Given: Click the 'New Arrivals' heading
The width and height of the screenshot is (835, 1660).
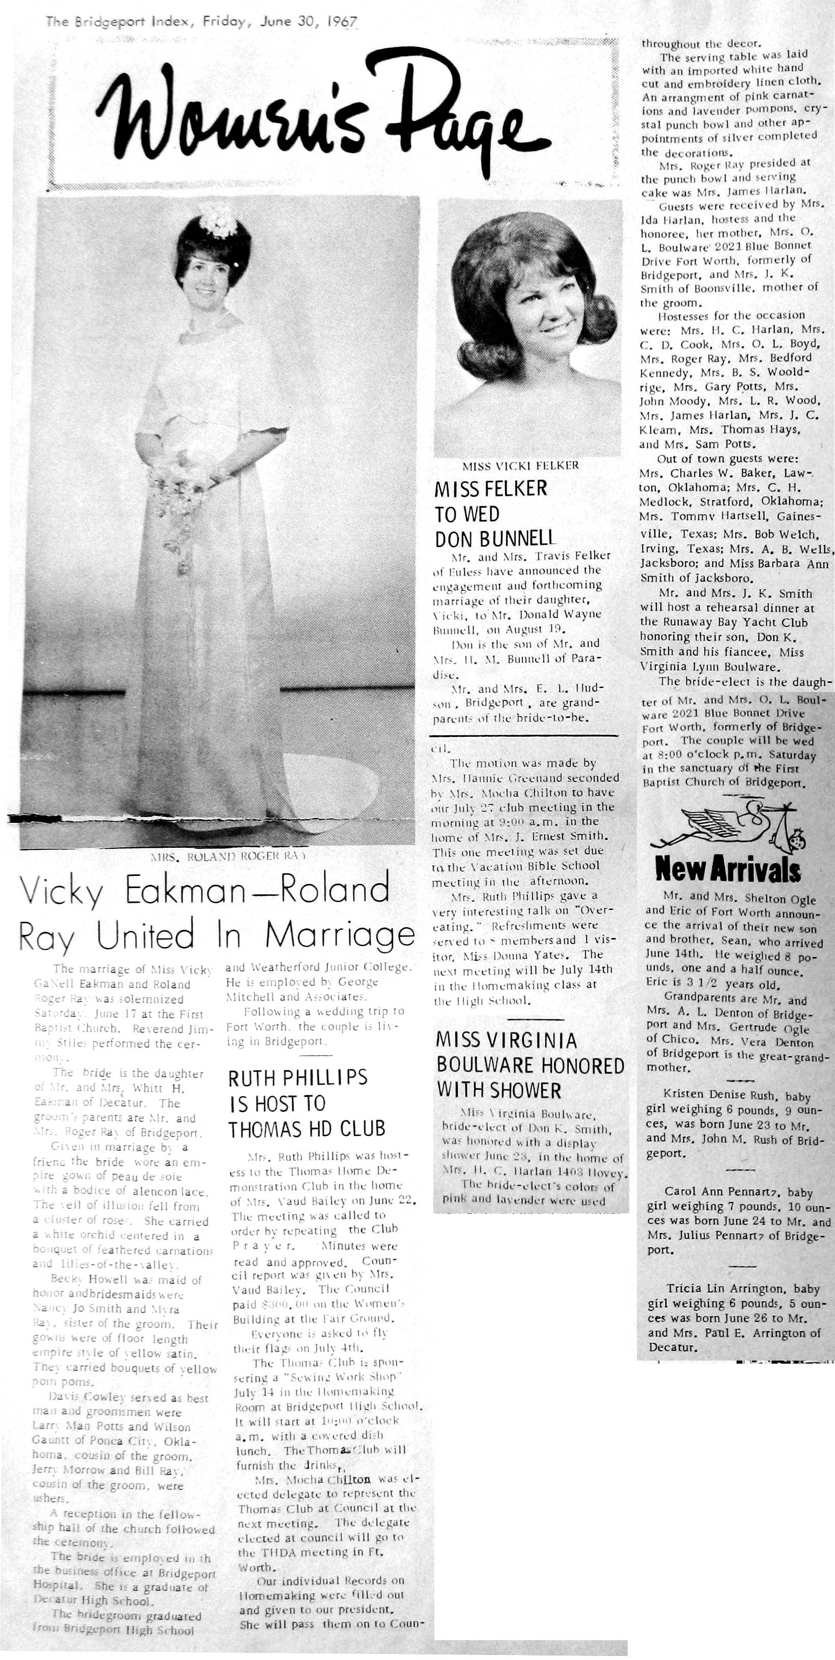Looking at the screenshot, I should pyautogui.click(x=728, y=871).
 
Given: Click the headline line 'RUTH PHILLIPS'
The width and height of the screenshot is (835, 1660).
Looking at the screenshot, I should pyautogui.click(x=298, y=1077).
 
